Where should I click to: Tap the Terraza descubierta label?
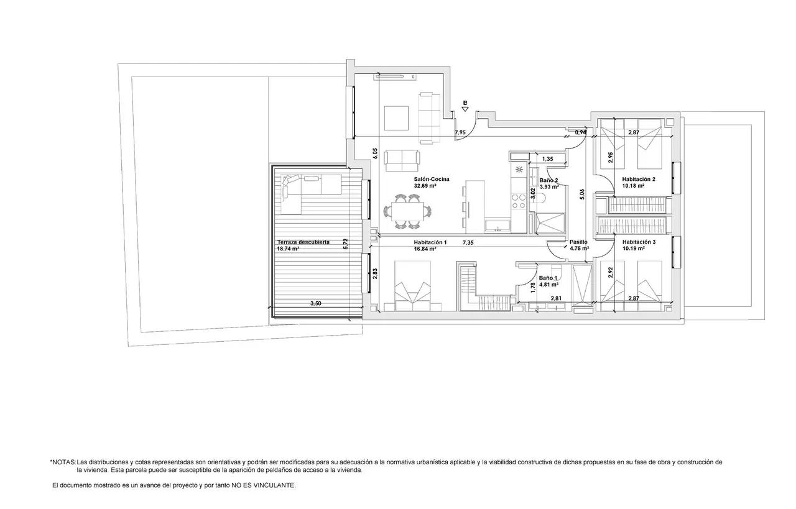pyautogui.click(x=303, y=242)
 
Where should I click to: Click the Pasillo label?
pyautogui.click(x=578, y=242)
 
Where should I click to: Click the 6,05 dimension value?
pyautogui.click(x=375, y=154)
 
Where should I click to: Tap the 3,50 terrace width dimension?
pyautogui.click(x=315, y=303)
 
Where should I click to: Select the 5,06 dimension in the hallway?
pyautogui.click(x=581, y=194)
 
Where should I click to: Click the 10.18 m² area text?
pyautogui.click(x=633, y=185)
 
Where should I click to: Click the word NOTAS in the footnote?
pyautogui.click(x=64, y=462)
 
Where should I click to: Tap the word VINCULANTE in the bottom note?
pyautogui.click(x=274, y=485)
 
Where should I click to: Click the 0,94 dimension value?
pyautogui.click(x=581, y=132)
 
